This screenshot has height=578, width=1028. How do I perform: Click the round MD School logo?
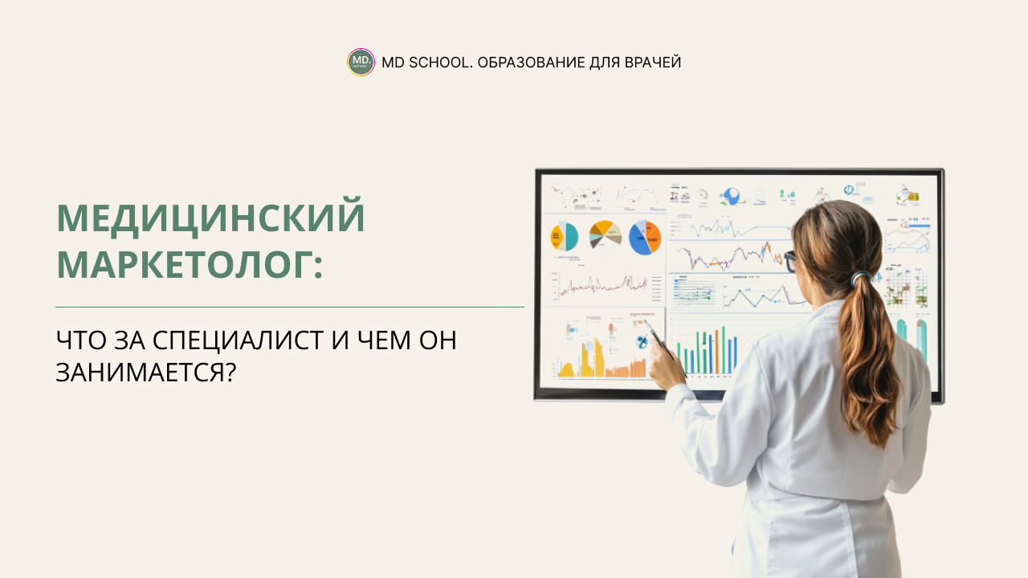pyautogui.click(x=361, y=62)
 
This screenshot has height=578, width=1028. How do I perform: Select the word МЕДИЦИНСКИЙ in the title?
pyautogui.click(x=210, y=218)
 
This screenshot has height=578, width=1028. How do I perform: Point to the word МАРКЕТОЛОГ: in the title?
pyautogui.click(x=190, y=263)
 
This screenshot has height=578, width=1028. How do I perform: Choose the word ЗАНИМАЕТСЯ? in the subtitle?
pyautogui.click(x=145, y=372)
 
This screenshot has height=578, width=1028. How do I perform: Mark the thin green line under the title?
pyautogui.click(x=289, y=307)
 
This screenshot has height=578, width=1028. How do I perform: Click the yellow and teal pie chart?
pyautogui.click(x=564, y=236)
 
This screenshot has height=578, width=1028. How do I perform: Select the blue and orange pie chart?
pyautogui.click(x=644, y=238)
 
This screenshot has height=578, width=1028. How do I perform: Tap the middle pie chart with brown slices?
pyautogui.click(x=606, y=234)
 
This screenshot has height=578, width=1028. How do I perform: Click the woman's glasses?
pyautogui.click(x=789, y=261)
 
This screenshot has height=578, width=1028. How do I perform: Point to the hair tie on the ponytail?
pyautogui.click(x=859, y=278)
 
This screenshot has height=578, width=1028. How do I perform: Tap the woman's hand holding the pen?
pyautogui.click(x=667, y=365)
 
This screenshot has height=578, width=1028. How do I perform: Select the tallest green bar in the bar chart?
pyautogui.click(x=723, y=350)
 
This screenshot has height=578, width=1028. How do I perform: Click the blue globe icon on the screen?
pyautogui.click(x=731, y=196)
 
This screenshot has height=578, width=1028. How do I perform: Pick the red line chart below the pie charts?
pyautogui.click(x=598, y=285)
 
